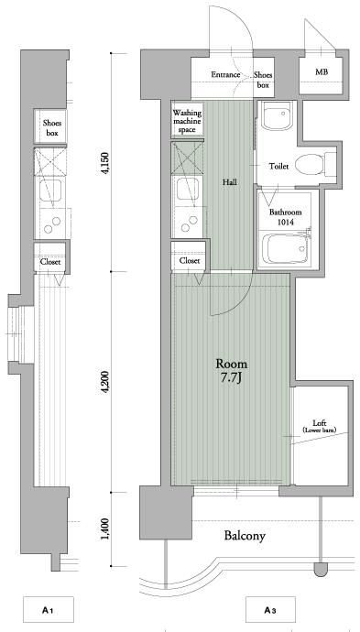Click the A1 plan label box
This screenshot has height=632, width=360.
coord(49,611)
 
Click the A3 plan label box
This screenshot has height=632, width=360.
coord(270,611)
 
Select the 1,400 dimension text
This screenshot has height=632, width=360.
coord(105,529)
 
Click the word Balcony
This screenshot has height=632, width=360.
coord(245,536)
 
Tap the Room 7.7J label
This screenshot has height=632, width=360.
coord(232,370)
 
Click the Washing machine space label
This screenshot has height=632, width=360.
coord(187,121)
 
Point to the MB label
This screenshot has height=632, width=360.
coord(322,71)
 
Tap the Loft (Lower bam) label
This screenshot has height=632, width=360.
coord(320,426)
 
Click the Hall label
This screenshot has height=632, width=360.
coord(230,182)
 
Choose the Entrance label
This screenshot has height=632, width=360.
coord(225,74)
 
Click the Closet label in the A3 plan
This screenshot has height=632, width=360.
coord(190,261)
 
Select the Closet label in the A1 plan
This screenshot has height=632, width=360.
coord(50,262)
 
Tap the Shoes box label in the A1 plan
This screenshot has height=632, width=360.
coord(52,127)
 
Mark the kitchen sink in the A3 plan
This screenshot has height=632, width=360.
coord(188,189)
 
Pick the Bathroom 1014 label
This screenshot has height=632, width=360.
coord(286,216)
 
